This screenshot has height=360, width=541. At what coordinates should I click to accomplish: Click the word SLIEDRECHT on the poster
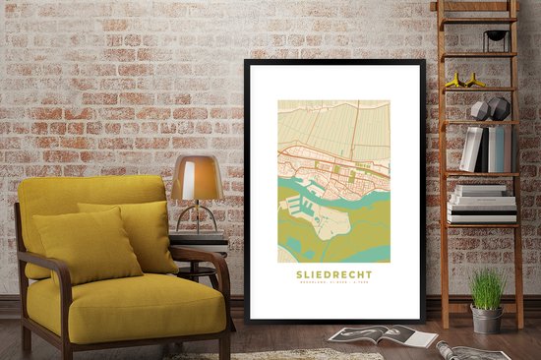334,275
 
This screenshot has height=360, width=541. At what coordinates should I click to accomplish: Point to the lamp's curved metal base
200,218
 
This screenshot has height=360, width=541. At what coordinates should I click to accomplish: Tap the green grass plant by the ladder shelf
487,289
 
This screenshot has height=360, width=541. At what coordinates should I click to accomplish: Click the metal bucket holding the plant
486,319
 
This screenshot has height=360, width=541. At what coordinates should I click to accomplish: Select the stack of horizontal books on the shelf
482,204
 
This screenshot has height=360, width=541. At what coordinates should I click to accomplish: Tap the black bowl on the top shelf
497,36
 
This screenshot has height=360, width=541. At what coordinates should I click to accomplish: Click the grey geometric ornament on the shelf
492,108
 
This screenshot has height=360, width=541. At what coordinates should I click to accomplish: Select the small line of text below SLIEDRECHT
334,286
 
